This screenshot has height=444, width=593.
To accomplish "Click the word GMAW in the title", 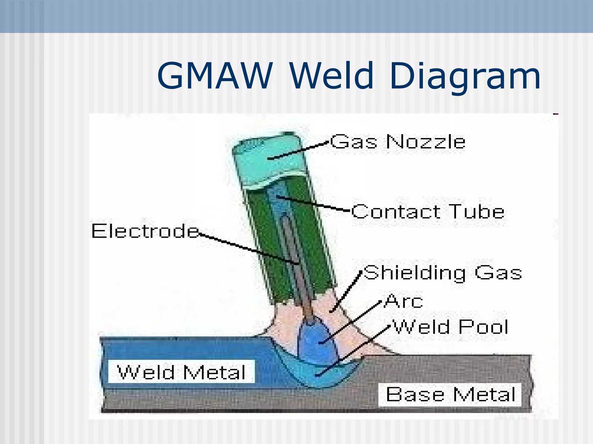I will point(215,76).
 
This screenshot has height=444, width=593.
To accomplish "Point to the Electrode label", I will point(145,231).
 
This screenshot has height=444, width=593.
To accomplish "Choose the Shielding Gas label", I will point(442,273).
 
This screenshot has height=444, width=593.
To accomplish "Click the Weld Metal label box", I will point(181,372).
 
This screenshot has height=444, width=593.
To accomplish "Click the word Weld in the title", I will point(332,76).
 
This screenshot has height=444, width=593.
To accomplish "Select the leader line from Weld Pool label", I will point(353,351).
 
